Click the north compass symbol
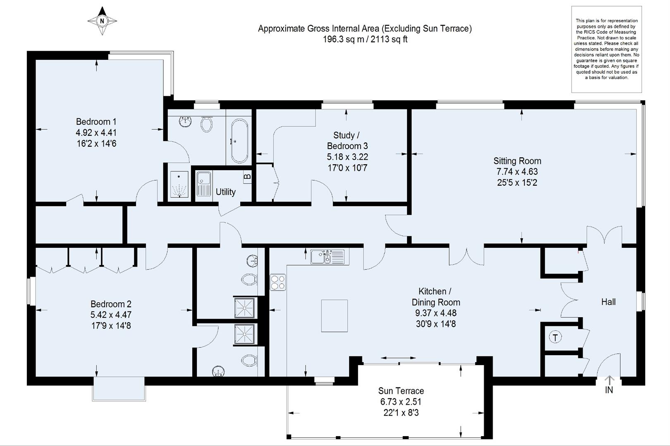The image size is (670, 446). click(102, 21)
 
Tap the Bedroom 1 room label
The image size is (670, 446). click(96, 122)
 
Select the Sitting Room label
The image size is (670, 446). click(517, 161)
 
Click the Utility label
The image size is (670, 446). click(225, 192)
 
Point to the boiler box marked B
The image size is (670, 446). click(247, 177)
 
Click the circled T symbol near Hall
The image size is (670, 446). click(555, 337)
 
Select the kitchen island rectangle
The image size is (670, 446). click(334, 316)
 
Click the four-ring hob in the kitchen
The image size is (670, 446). click(278, 282)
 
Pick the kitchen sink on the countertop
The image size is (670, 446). click(327, 257)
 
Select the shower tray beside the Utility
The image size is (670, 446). click(179, 185)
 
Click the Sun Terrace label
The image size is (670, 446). click(401, 391)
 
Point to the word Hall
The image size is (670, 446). click(608, 302)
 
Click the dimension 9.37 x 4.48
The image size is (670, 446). click(435, 313)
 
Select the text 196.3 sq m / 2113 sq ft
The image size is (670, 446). click(365, 40)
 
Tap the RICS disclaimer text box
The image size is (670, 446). click(606, 49)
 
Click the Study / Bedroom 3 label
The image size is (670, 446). click(347, 140)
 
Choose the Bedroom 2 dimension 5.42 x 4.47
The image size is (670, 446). click(111, 315)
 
